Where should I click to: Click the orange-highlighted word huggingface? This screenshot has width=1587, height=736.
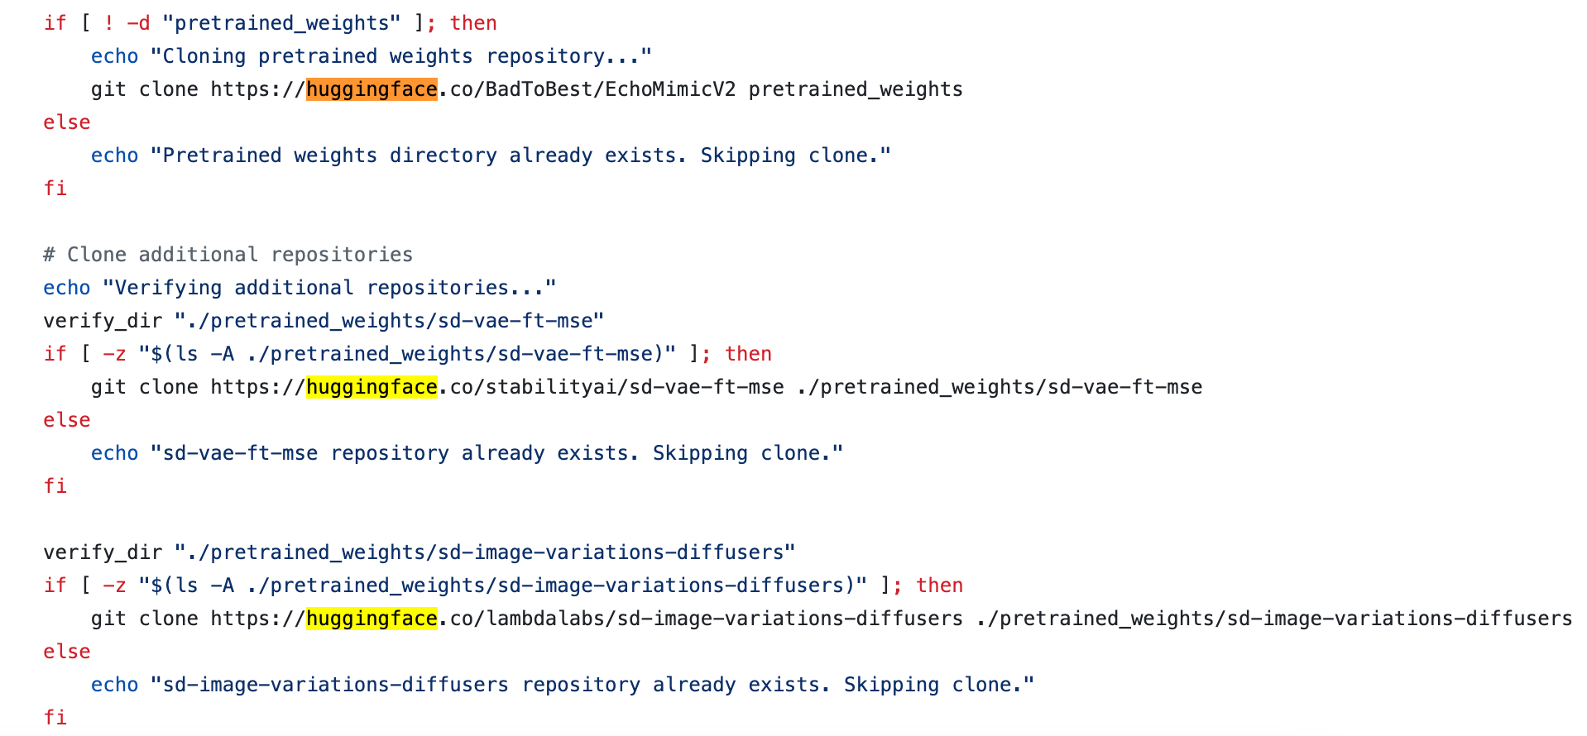coord(372,89)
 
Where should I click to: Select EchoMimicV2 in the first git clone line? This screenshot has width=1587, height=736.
coord(670,89)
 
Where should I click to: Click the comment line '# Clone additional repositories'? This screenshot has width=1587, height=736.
coord(228,255)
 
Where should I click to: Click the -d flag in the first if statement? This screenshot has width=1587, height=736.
coord(138,23)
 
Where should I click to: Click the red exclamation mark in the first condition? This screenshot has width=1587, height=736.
coord(108,23)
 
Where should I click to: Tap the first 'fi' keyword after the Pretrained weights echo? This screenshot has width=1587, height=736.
coord(55,189)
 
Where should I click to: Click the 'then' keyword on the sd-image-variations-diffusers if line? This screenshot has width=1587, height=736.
coord(939,585)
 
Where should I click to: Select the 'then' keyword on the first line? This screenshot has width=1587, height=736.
coord(473,23)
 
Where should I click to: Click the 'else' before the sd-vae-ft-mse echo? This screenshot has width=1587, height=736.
coord(66,420)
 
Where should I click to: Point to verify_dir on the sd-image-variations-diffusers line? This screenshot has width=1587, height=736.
coord(103,552)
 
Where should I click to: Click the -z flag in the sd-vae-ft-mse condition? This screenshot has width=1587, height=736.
coord(114,354)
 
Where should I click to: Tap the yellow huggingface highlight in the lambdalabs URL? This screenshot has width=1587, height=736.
coord(372,619)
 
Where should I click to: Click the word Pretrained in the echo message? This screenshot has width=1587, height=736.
coord(222,155)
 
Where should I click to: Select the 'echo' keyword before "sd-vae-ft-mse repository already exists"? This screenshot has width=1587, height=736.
coord(114,453)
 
